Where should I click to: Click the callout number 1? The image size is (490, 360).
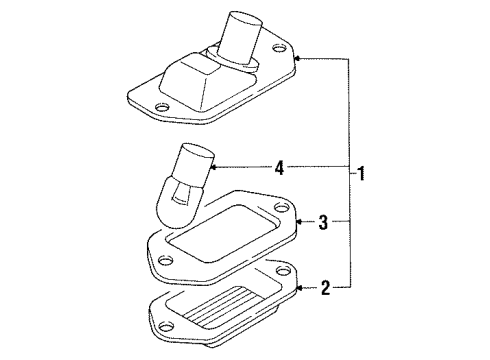click(361, 172)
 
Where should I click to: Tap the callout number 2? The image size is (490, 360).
click(325, 291)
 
